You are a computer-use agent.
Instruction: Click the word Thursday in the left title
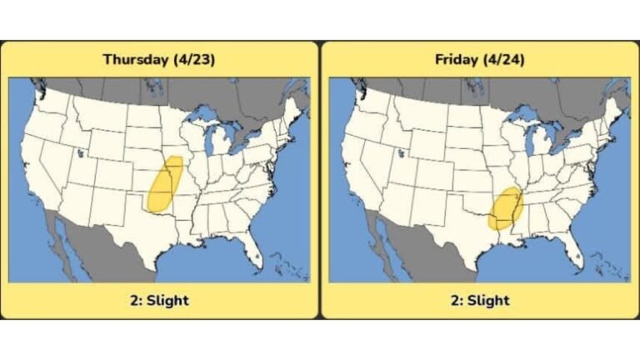click(136, 59)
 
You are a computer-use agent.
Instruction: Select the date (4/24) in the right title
click(506, 59)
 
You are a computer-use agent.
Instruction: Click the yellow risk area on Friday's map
click(504, 209)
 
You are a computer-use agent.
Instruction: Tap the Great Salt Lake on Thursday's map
click(80, 152)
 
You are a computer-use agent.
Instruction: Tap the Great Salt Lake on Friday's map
click(401, 152)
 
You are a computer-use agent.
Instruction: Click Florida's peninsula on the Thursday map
click(253, 250)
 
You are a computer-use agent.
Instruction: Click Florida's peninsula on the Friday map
click(574, 250)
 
